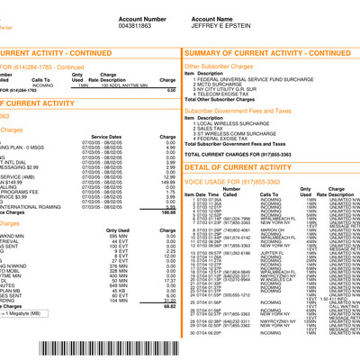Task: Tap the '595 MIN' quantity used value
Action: (x=116, y=236)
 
